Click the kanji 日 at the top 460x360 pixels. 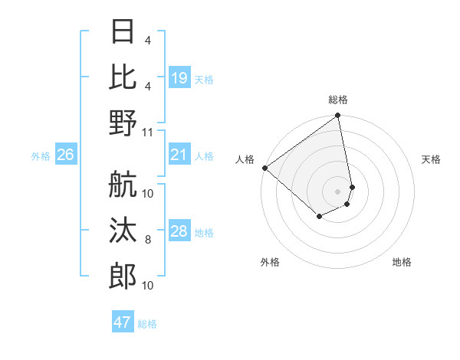[x=123, y=32]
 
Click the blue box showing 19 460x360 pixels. [x=179, y=78]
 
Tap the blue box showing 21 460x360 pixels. [x=179, y=155]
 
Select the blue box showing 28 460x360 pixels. [x=179, y=232]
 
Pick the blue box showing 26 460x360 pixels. [x=65, y=155]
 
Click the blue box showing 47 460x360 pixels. [x=123, y=322]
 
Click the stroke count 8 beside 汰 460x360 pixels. [x=148, y=240]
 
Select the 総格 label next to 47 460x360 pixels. [x=147, y=324]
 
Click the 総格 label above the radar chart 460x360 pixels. [x=337, y=100]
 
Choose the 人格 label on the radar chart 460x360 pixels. [x=245, y=159]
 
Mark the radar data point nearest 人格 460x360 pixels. [x=264, y=168]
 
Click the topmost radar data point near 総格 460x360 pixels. [x=337, y=116]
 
